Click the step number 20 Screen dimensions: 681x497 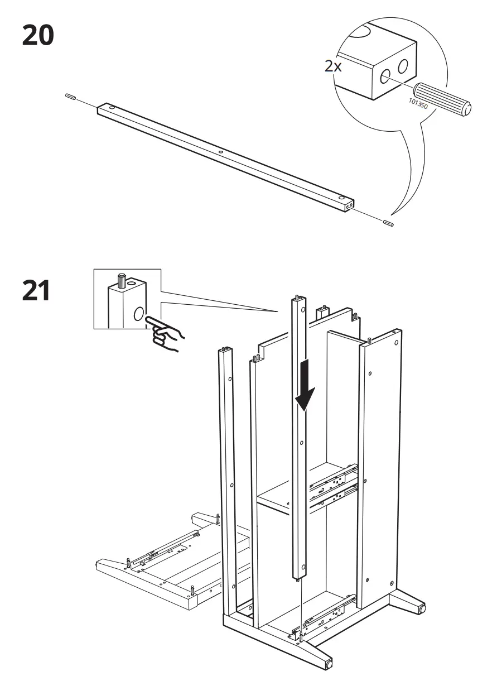tap(38, 36)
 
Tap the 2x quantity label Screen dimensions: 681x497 tap(333, 66)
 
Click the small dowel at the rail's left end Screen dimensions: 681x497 tap(70, 97)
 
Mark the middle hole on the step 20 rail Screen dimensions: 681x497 tap(220, 151)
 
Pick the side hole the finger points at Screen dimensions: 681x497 tap(138, 314)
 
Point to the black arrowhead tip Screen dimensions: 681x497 tap(304, 411)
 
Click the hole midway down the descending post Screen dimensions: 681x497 tap(302, 444)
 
